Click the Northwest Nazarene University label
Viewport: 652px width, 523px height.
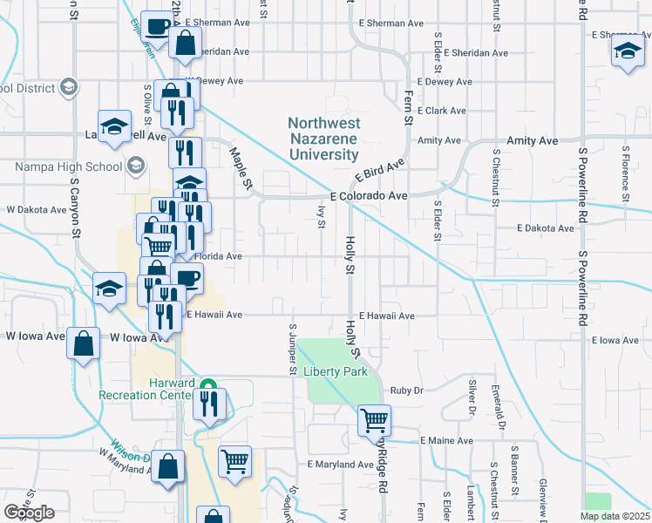coord(323,139)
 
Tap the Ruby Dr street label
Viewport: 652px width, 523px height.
coord(406,391)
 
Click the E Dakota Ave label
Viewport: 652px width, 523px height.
coord(545,228)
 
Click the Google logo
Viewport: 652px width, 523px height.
coord(30,512)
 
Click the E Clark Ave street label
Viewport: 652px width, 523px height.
coord(442,111)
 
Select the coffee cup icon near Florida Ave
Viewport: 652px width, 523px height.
coord(187,279)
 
